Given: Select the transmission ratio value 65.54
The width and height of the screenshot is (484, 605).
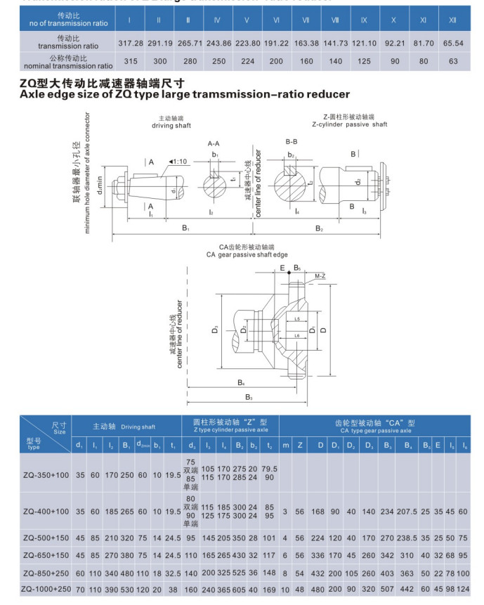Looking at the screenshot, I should [452, 44].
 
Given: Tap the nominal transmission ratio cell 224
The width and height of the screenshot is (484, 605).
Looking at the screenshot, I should [247, 61].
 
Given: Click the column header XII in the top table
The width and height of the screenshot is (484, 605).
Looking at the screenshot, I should [452, 20].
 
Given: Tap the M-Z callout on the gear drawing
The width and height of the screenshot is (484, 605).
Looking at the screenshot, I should [320, 275].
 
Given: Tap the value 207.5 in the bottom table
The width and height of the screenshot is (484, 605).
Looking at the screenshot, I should [407, 511].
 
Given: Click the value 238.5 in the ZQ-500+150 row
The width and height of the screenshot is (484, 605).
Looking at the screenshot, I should [407, 538].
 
